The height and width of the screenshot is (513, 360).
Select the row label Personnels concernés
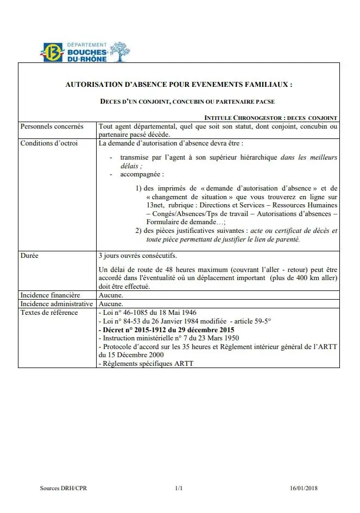(52, 126)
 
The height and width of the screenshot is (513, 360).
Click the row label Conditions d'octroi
(49, 143)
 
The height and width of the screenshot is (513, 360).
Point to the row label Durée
(29, 255)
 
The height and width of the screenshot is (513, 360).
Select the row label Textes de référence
(49, 313)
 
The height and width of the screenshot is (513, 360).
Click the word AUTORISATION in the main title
(92, 85)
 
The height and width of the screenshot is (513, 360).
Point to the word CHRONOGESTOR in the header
(257, 118)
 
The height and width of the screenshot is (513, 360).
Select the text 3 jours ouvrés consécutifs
(137, 255)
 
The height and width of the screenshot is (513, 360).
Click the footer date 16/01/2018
(304, 488)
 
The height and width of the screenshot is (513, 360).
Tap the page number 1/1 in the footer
(179, 488)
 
